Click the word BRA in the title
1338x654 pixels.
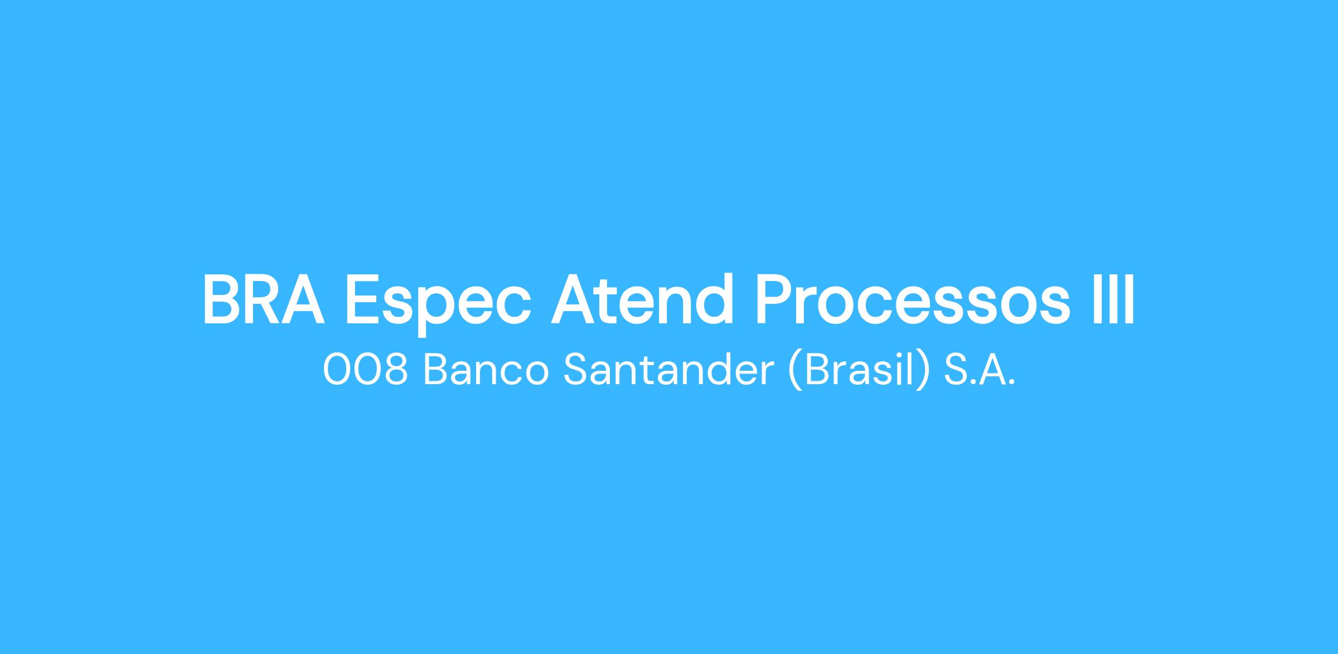(x=264, y=300)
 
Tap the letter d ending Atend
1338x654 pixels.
(x=714, y=299)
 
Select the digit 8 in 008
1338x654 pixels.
(x=395, y=370)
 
